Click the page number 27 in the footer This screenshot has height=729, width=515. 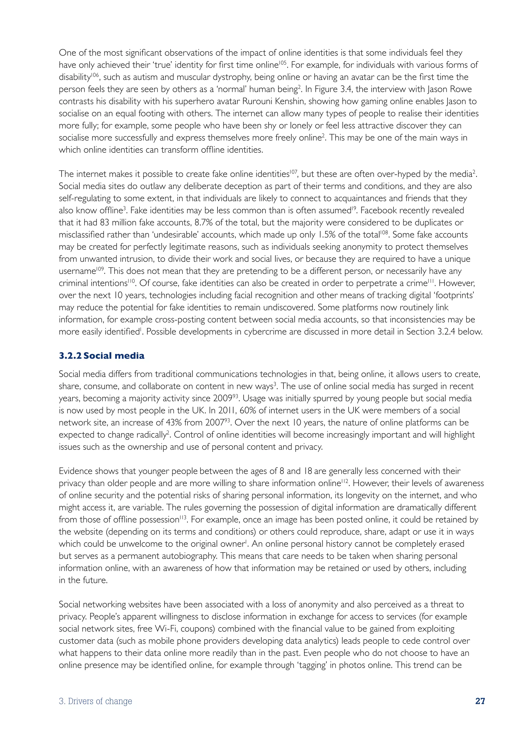coord(480,701)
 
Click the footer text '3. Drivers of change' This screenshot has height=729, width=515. coord(96,701)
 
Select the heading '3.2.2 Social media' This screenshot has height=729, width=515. coord(102,356)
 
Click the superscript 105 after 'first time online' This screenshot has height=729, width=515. coord(283,62)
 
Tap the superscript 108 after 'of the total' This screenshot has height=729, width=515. coord(384,232)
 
